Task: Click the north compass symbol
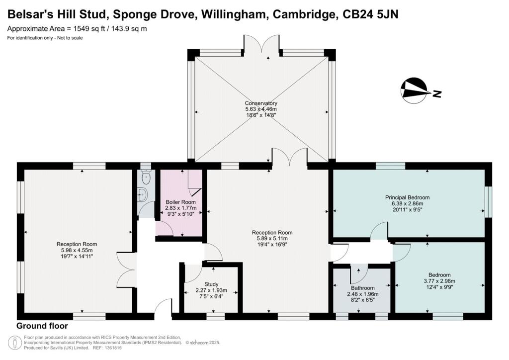[x=414, y=90]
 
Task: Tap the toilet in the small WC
[x=146, y=177]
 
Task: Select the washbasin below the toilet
[x=142, y=195]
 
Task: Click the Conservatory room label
[x=261, y=103]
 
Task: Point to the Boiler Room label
[x=181, y=202]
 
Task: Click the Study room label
[x=211, y=284]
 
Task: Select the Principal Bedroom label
[x=408, y=197]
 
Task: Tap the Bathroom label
[x=362, y=288]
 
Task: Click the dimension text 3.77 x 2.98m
[x=439, y=281]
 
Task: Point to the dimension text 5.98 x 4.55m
[x=77, y=250]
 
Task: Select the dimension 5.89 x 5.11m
[x=272, y=239]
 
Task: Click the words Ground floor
[x=42, y=326]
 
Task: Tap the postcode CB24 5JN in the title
[x=371, y=14]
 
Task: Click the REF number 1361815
[x=112, y=348]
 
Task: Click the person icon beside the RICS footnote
[x=15, y=343]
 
